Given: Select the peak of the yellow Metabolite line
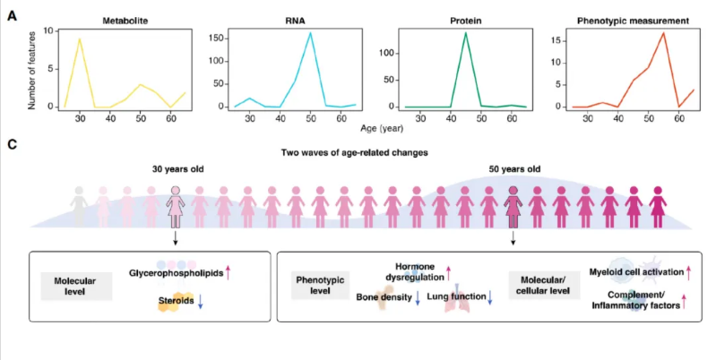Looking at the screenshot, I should point(80,39).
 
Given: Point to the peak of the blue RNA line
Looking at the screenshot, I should point(310,34).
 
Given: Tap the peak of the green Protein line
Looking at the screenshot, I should point(465,33).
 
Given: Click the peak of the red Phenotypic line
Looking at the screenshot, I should point(663,33).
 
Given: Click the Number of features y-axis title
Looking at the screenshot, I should point(33,68).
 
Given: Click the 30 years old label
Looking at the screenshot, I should point(176,170).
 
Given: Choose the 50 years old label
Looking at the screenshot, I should point(513,170).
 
